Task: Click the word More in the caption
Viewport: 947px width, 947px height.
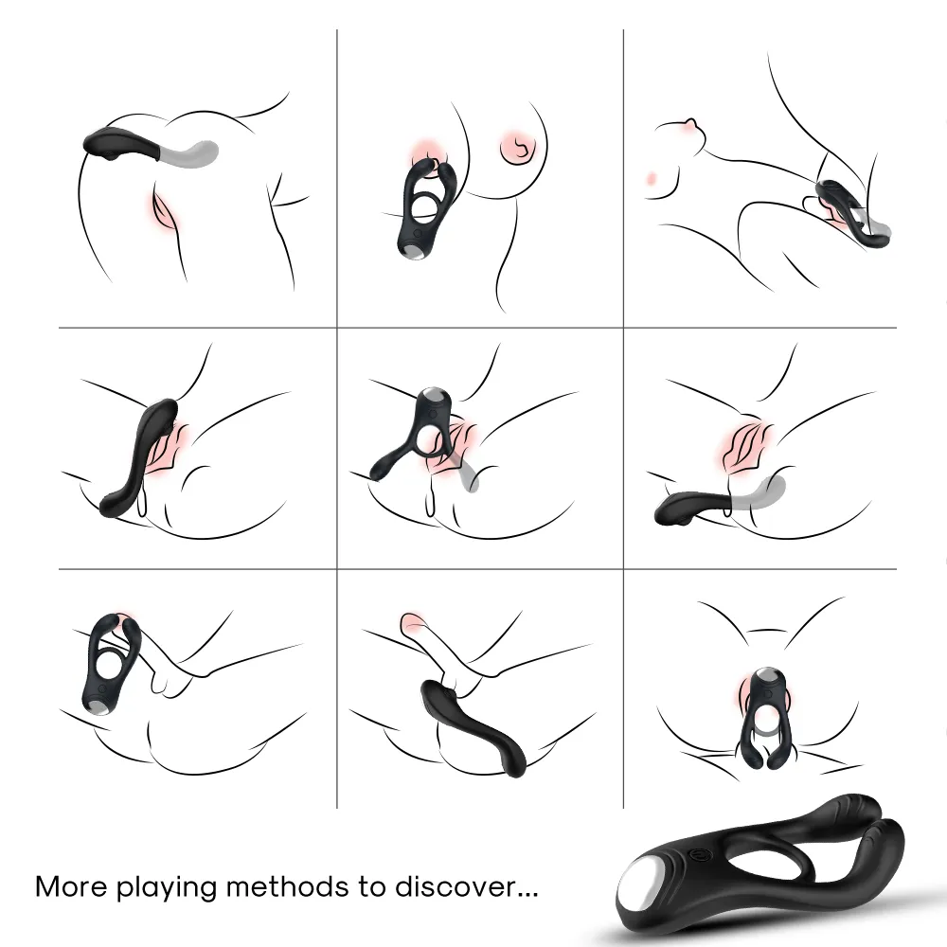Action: pos(72,886)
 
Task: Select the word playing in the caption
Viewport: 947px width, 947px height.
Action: pos(167,889)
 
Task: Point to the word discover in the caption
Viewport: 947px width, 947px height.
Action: pos(456,886)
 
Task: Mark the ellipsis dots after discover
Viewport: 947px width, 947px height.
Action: pos(527,895)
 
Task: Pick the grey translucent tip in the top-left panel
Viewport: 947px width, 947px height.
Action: pos(190,151)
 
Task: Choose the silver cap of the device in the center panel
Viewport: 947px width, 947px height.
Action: pos(433,397)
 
